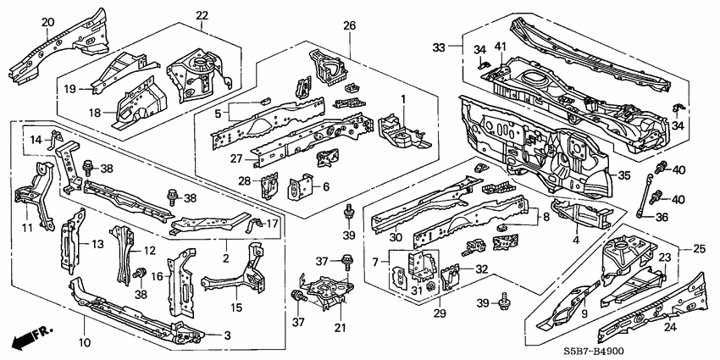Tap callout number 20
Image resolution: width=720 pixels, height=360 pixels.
[47, 22]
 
